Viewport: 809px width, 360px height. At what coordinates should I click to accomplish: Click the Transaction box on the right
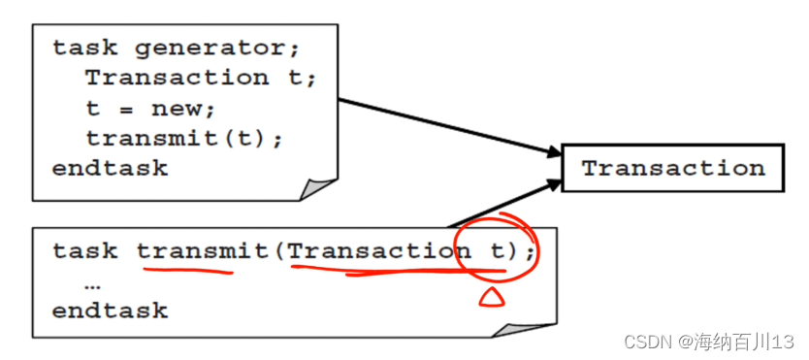click(x=673, y=168)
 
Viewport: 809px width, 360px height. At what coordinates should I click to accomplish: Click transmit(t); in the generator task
click(x=184, y=138)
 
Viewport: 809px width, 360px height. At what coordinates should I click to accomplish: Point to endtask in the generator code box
click(x=110, y=168)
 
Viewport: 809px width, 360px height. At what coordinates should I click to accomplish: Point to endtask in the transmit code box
click(x=110, y=311)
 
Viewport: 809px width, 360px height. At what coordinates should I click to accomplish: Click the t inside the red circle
click(x=498, y=251)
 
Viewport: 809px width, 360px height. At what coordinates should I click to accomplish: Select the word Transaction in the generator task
click(x=178, y=77)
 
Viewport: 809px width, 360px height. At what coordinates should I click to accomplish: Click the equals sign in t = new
click(x=125, y=108)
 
